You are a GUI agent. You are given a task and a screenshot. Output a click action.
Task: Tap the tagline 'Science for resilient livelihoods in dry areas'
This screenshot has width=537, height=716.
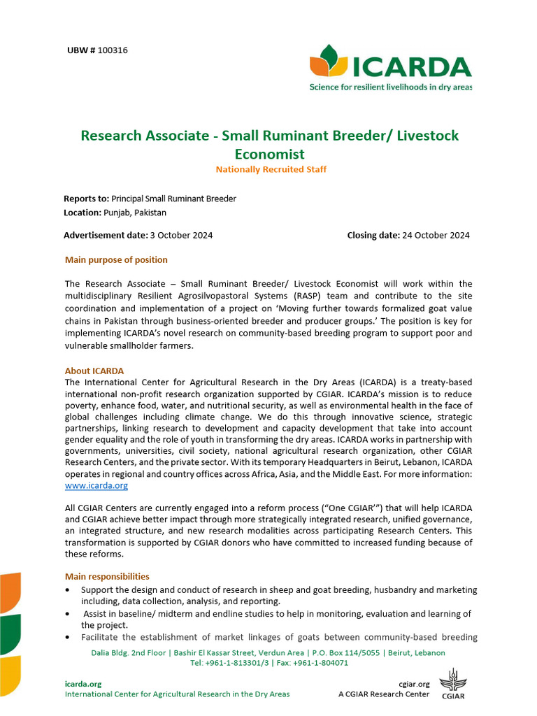(x=390, y=87)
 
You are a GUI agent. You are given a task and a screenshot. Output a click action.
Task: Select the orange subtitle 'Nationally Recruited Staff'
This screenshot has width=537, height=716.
(x=271, y=170)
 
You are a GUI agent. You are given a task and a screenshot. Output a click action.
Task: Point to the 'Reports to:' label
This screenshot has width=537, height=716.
(x=86, y=199)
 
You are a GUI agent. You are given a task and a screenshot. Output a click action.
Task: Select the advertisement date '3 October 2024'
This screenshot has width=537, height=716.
(x=181, y=235)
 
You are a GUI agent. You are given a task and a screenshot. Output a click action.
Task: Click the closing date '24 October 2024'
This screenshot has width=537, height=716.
(x=436, y=235)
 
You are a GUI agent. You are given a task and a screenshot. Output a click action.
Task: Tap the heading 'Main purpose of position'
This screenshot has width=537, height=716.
(x=116, y=260)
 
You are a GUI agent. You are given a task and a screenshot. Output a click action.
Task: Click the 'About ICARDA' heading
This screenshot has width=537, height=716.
(x=94, y=371)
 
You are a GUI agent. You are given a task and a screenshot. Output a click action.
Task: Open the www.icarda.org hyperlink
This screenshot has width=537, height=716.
(x=96, y=485)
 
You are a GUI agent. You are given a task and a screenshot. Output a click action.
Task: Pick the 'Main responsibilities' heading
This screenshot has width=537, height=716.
(x=107, y=577)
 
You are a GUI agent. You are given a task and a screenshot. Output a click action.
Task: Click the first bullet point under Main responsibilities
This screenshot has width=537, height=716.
(x=68, y=591)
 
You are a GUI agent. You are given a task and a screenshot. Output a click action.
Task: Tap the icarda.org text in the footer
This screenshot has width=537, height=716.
(x=83, y=684)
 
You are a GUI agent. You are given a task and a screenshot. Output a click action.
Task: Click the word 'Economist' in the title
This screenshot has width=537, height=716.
(x=269, y=154)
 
